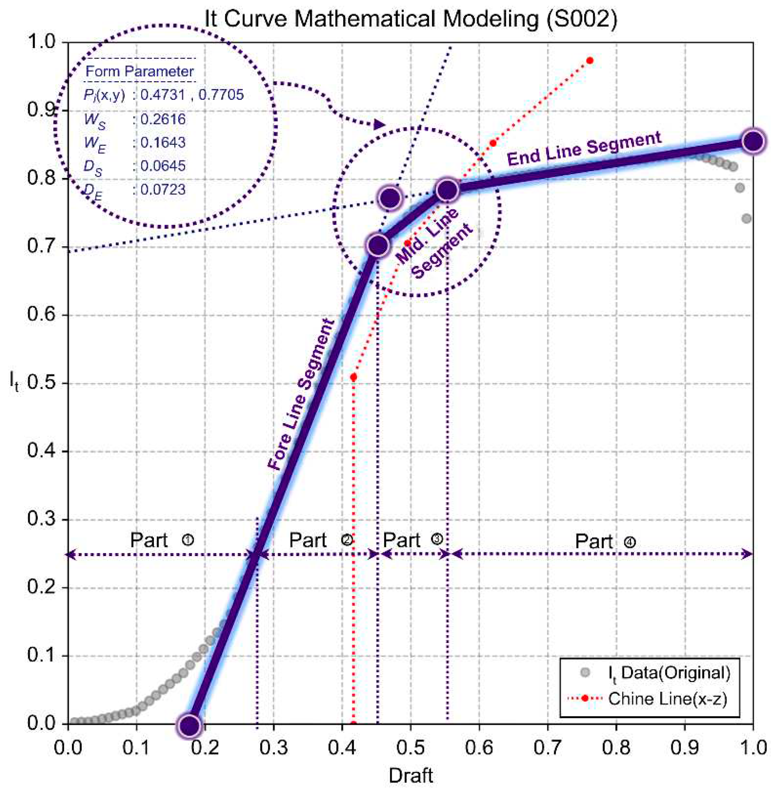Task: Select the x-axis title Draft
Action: pos(411,775)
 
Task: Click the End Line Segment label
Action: pos(584,149)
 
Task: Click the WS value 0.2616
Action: pos(163,119)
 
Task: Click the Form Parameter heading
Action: pos(139,71)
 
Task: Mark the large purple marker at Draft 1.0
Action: pos(753,141)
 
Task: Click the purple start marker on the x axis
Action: pos(189,725)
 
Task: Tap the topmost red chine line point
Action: pos(589,61)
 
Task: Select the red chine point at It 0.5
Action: pos(353,377)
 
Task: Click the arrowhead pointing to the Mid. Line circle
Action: pos(379,124)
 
